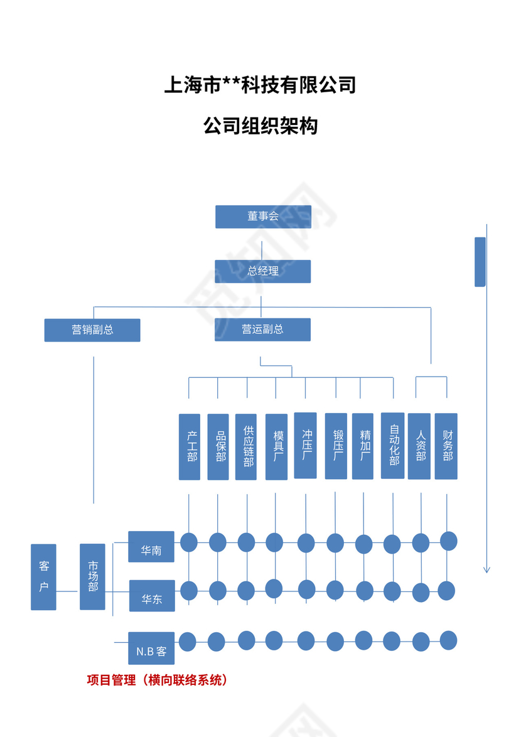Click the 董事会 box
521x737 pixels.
tap(263, 217)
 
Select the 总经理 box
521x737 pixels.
tap(263, 271)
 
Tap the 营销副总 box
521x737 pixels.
tap(92, 330)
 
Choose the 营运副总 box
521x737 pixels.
tap(263, 330)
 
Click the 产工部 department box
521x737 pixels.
tap(190, 447)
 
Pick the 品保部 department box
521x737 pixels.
tap(218, 447)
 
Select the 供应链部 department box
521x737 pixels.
tap(246, 447)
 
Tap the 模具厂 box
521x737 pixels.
tap(276, 447)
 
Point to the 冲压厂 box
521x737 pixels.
tap(306, 446)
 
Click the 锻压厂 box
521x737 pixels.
tap(336, 446)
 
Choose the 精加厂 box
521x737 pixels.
tap(363, 446)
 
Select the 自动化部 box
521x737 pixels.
tap(392, 446)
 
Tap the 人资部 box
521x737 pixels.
tap(419, 446)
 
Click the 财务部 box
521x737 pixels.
tap(446, 446)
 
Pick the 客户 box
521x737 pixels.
tap(43, 577)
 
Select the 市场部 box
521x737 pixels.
tap(92, 577)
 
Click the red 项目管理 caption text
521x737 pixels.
tap(156, 680)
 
